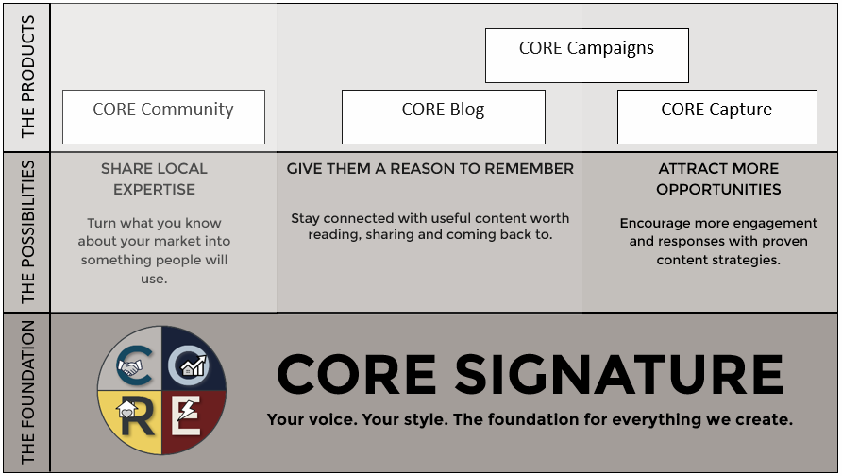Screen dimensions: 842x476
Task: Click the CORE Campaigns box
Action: pos(587,56)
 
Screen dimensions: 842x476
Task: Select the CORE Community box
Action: pos(164,117)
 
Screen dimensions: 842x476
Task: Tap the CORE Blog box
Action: pos(444,117)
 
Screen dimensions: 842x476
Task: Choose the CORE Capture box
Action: pos(717,117)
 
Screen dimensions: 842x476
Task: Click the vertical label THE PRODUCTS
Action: pos(28,76)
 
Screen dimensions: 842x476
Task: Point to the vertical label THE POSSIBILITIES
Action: pos(28,232)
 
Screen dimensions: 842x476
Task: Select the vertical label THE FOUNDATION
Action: pos(28,392)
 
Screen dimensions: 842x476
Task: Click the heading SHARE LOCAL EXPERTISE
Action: pos(154,178)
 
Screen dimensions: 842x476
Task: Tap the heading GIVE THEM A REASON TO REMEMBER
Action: pos(430,169)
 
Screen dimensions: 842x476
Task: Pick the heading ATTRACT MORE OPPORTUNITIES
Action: pos(718,178)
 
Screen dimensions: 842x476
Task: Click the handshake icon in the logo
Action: pos(129,367)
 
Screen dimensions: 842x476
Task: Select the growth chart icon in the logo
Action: pos(194,365)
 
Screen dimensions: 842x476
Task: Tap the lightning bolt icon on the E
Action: pos(187,411)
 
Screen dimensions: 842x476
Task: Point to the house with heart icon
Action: pos(126,410)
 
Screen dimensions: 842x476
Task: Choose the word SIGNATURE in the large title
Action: pos(619,375)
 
